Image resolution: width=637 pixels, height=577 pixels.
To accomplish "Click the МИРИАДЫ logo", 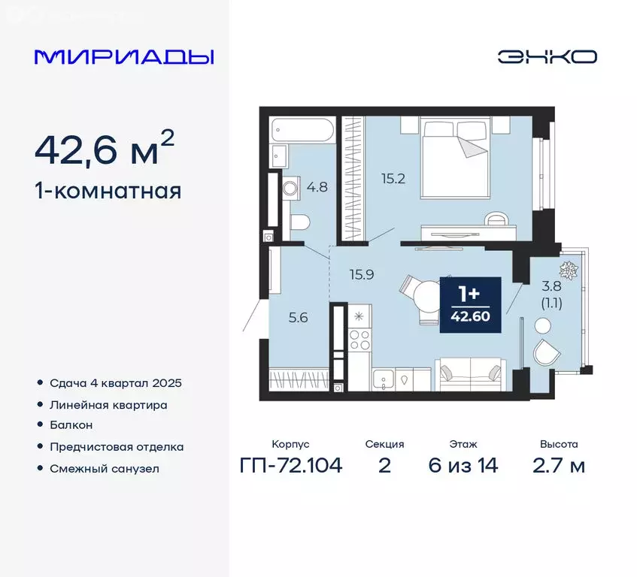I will point(124,57).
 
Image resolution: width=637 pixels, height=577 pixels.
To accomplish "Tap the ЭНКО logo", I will point(547,57).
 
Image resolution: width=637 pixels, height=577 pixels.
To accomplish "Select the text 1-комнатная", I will point(108,191).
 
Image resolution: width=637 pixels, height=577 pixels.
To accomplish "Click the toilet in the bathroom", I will point(299,222).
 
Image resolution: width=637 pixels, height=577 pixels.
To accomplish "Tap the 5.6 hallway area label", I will point(298,317).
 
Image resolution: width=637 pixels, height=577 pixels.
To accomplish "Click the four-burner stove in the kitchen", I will point(360,340).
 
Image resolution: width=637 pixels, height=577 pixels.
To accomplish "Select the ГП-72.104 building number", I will point(291,466).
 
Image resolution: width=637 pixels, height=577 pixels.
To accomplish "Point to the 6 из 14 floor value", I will point(463,466).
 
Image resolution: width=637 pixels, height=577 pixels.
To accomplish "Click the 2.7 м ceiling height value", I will point(557,466).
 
